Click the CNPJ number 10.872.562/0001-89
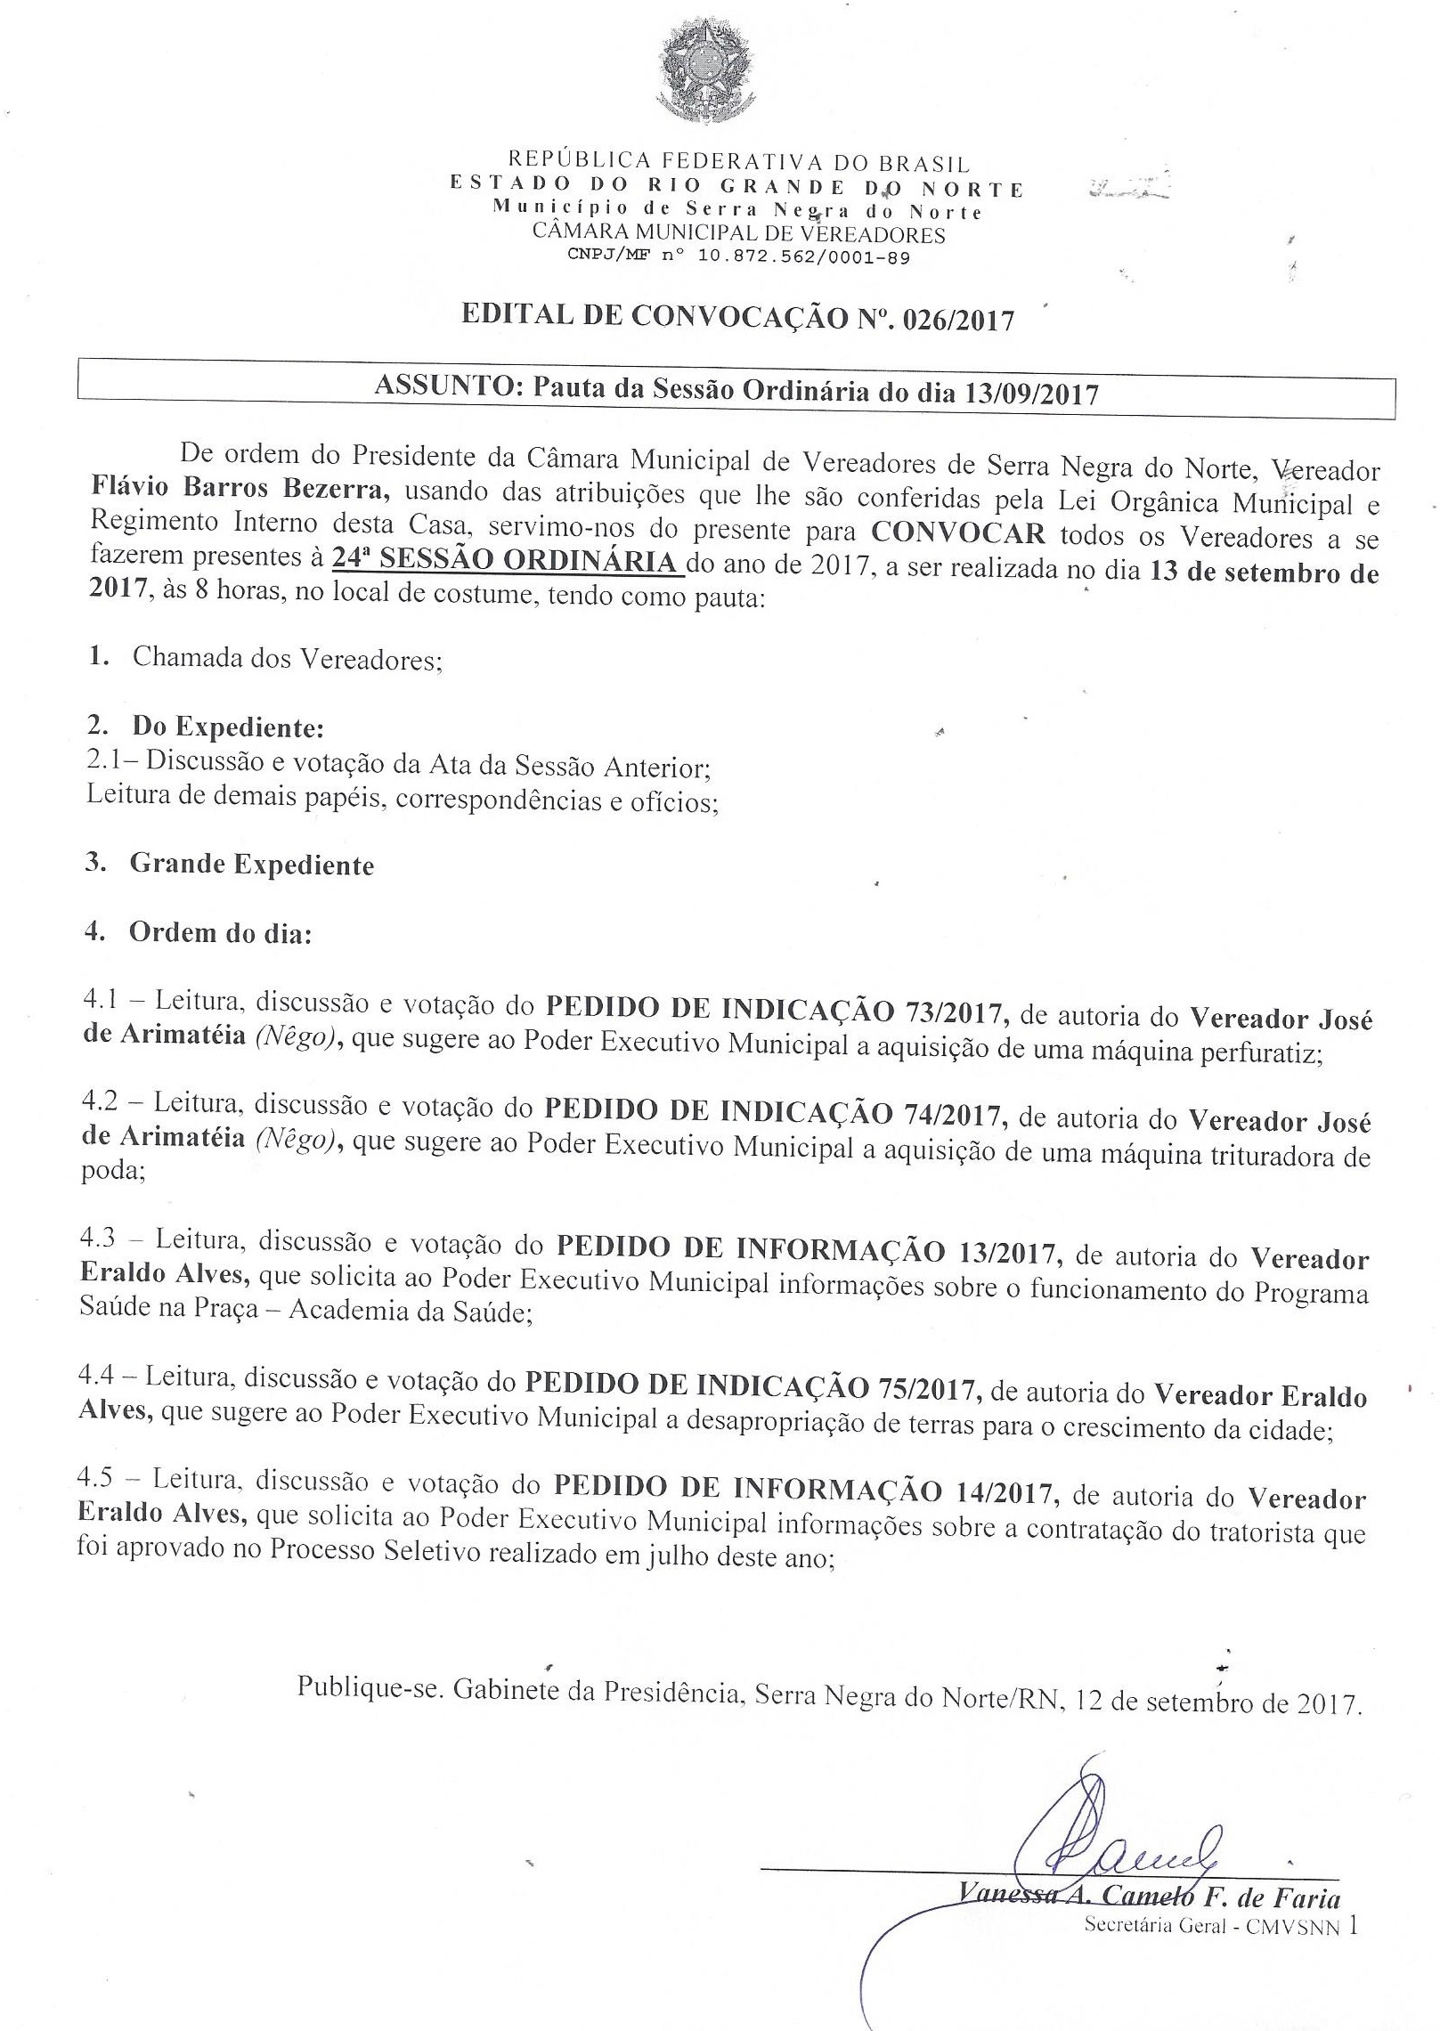[x=791, y=257]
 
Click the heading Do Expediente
[x=227, y=727]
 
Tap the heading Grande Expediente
[x=252, y=865]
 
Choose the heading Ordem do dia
[x=219, y=932]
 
